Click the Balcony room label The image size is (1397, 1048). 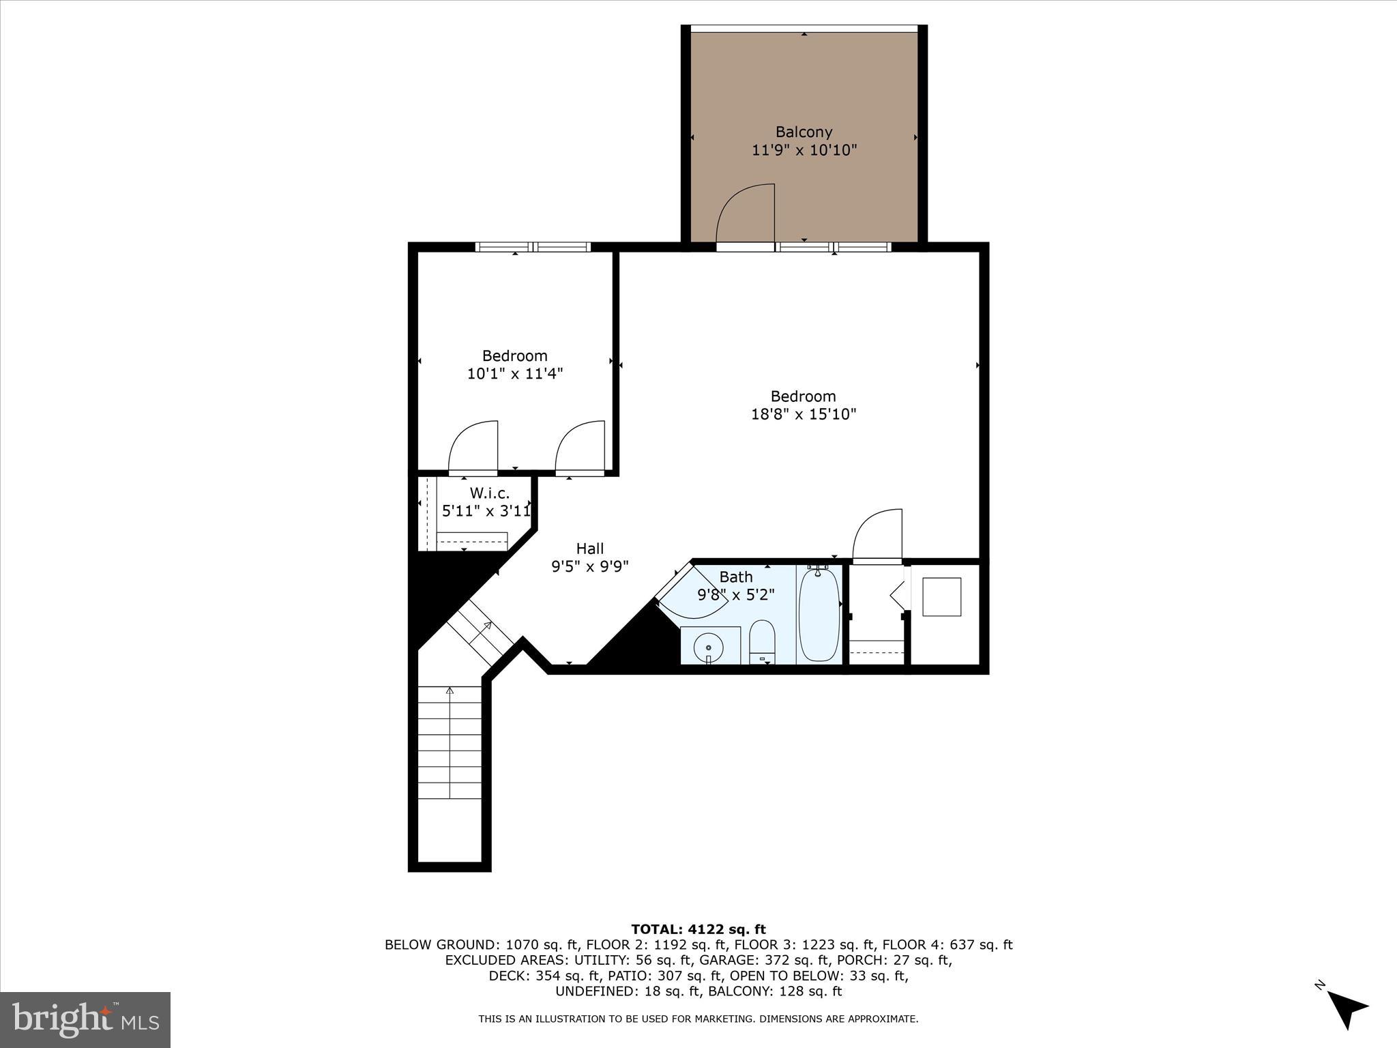[x=804, y=132]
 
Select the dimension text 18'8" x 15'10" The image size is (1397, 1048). [x=804, y=414]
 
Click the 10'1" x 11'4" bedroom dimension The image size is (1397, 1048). [x=514, y=374]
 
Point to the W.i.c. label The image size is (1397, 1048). [x=489, y=493]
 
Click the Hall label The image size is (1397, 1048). [x=590, y=549]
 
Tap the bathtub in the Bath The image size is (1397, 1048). [x=819, y=615]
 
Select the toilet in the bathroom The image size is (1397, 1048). [x=761, y=641]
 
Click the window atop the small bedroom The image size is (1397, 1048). [x=533, y=247]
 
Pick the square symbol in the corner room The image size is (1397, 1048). [x=941, y=597]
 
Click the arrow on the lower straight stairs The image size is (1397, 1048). [x=450, y=692]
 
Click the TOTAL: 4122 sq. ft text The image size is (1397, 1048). [x=698, y=929]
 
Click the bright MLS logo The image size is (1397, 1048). [x=85, y=1019]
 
